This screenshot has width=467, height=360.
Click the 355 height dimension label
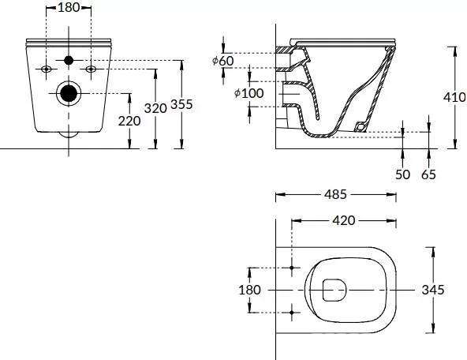(x=181, y=104)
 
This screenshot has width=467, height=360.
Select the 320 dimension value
(x=155, y=108)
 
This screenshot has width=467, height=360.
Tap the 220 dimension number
(x=129, y=121)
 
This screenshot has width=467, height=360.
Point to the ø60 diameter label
(x=223, y=61)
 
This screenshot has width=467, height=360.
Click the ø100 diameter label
(x=249, y=93)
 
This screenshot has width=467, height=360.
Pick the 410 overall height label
(x=454, y=97)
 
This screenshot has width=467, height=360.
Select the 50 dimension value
(x=402, y=174)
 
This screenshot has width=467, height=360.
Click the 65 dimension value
(x=428, y=174)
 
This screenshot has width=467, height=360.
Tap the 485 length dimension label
(x=336, y=194)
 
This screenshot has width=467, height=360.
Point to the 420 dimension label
(x=344, y=220)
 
